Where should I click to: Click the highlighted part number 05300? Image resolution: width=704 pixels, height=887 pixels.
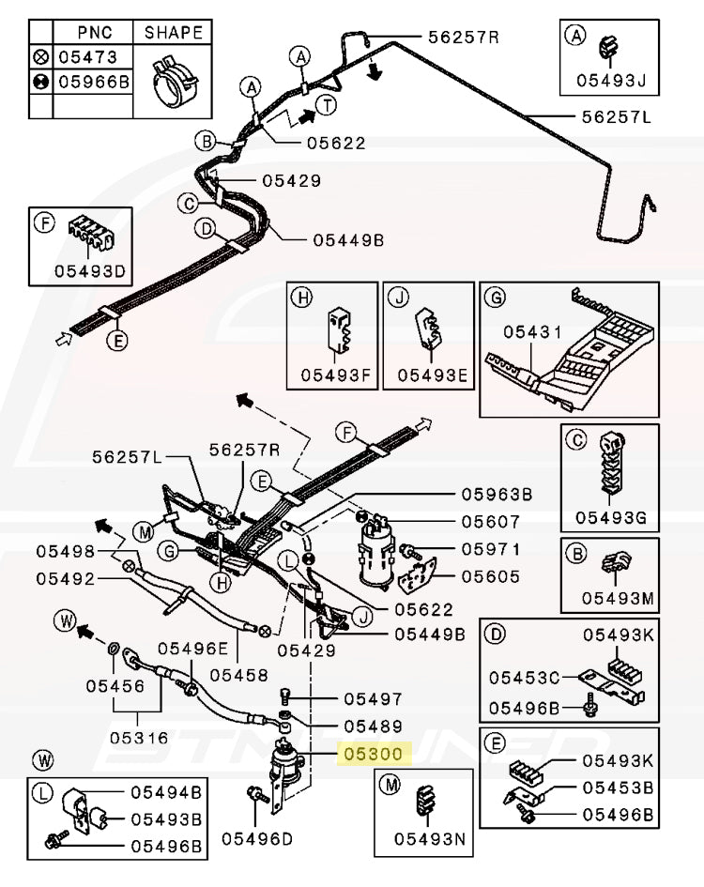[373, 754]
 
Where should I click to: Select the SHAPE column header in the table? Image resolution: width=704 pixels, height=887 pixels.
[173, 32]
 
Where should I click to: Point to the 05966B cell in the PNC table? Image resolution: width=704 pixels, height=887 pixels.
[93, 82]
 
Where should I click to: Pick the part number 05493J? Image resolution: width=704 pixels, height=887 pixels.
[617, 79]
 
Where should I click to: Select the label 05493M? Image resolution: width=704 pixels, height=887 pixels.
[616, 597]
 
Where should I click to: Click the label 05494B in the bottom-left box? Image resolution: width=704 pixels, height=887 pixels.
[165, 794]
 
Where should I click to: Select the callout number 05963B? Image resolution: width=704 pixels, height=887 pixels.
[496, 494]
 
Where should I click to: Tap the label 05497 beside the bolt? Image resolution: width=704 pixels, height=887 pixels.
[373, 698]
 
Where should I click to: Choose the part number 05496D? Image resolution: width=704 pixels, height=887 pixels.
[256, 838]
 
